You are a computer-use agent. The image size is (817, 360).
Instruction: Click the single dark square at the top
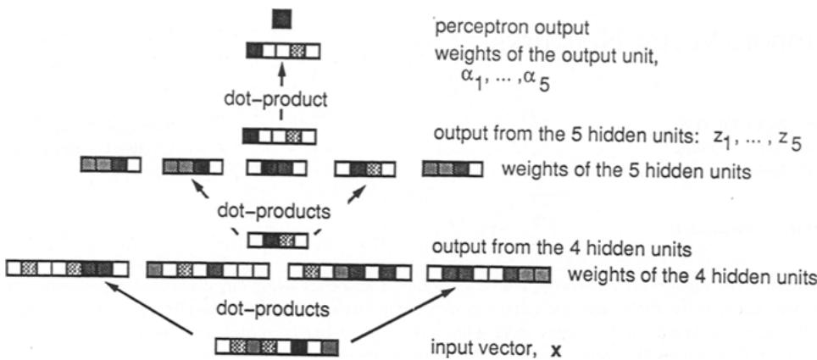tap(281, 18)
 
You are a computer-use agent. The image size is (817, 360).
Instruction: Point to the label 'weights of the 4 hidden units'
tap(691, 276)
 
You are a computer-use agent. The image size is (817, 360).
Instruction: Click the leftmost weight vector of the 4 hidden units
tap(67, 270)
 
